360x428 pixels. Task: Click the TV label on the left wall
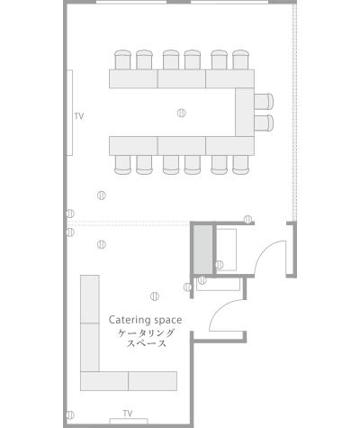coord(79,116)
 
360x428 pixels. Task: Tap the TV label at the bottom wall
coord(128,414)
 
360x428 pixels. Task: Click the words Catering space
coord(145,320)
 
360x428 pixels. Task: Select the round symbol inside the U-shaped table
coord(181,113)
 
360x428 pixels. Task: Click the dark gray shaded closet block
coord(202,250)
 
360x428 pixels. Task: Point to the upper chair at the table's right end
coord(264,101)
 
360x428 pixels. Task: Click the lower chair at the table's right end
coord(264,123)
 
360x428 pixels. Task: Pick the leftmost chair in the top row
coord(122,59)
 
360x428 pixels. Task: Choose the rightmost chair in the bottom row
coord(240,165)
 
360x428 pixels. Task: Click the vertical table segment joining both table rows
coord(245,112)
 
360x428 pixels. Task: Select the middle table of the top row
coord(182,78)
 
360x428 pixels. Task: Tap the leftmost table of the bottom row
coord(133,146)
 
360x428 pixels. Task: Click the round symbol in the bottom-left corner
coord(70,415)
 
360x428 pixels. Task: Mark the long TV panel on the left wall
coord(69,113)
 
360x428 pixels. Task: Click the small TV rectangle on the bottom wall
coord(129,421)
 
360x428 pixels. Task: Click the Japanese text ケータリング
coord(146,333)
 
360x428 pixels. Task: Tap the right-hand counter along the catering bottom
coord(152,381)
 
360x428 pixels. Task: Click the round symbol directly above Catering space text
coord(155,296)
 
